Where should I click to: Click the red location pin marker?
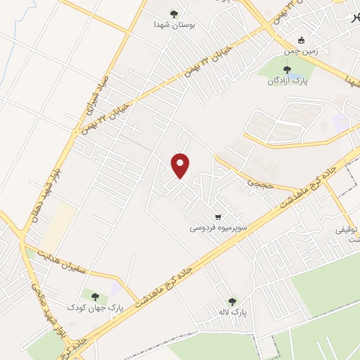(181, 165)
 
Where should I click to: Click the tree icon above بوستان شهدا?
(174, 13)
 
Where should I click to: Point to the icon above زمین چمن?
(302, 39)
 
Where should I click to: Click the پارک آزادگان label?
(286, 81)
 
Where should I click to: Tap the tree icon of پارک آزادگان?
(286, 69)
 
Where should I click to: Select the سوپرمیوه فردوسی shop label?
(214, 229)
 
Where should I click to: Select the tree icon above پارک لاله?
(233, 300)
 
